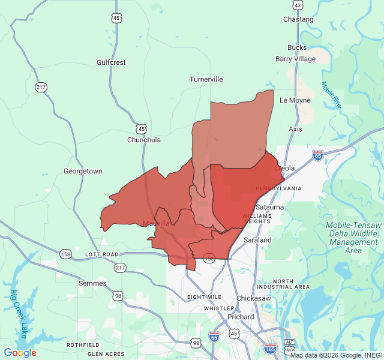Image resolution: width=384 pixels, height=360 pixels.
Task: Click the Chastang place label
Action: tap(298, 19)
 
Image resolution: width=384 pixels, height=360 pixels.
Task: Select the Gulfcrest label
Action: tap(111, 62)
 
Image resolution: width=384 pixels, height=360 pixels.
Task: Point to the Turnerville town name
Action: tap(206, 79)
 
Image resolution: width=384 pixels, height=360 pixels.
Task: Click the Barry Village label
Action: tap(295, 59)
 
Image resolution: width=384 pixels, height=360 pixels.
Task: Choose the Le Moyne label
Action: tap(295, 100)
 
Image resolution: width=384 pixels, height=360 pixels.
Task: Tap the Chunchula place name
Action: tap(144, 140)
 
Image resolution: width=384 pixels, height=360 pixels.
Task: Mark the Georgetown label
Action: tap(83, 171)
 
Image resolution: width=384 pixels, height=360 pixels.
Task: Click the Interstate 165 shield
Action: tap(271, 347)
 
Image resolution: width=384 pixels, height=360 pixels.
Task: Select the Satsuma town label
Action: tap(270, 207)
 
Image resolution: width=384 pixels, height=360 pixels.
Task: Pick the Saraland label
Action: tap(257, 240)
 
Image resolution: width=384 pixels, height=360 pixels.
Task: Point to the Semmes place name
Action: tap(92, 283)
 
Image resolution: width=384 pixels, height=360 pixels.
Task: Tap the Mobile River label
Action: tap(331, 95)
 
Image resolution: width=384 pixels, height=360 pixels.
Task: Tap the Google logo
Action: tap(20, 353)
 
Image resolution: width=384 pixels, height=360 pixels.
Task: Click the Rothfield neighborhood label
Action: tap(83, 345)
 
